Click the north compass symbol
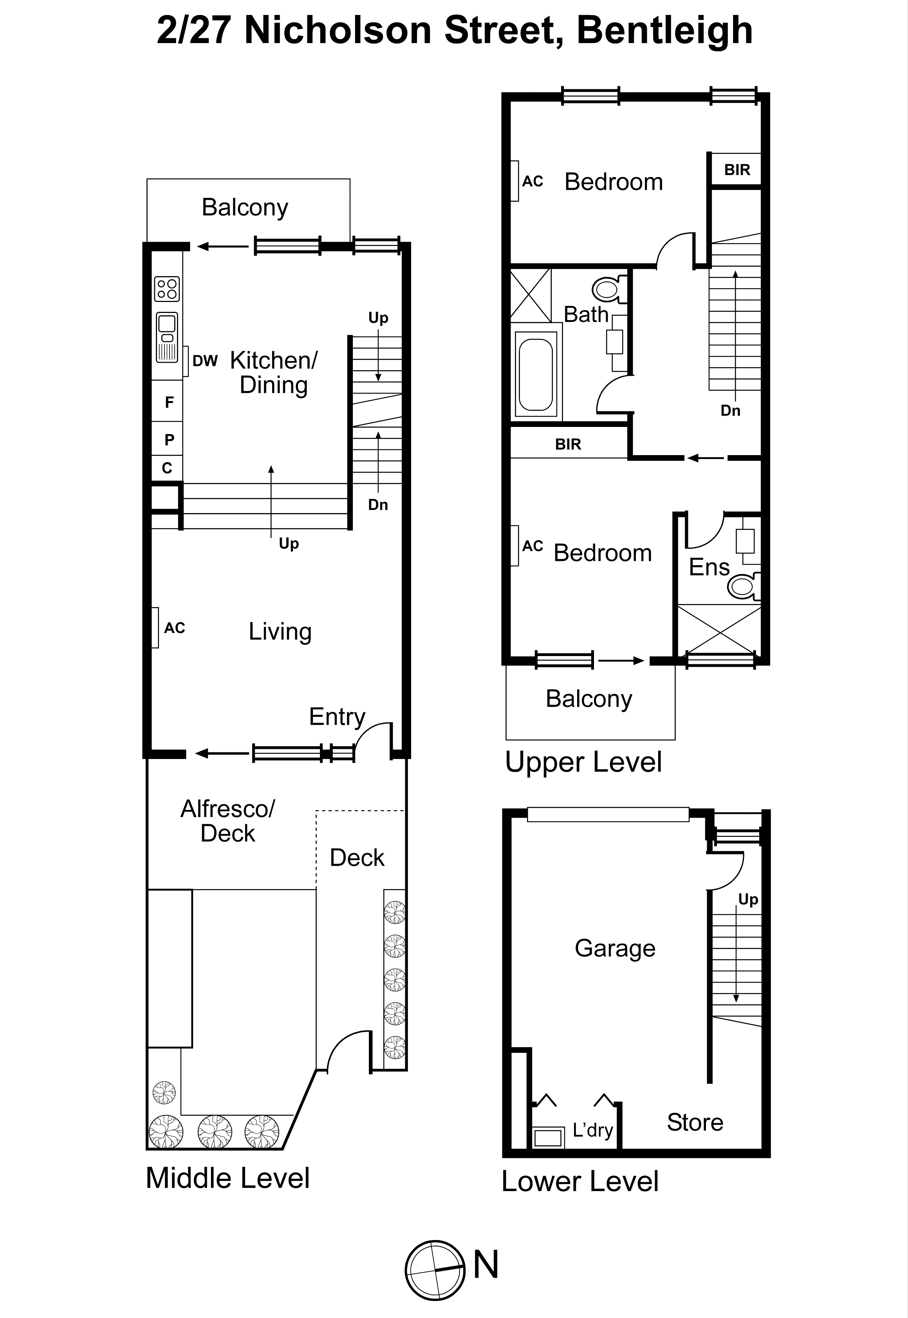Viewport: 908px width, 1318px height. pos(435,1270)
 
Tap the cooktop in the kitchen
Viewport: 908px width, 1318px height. pos(167,289)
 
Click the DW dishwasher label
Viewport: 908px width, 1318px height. pos(205,361)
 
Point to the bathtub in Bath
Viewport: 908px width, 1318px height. pos(536,375)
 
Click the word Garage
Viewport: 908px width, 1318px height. pos(614,948)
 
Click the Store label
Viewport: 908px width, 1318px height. pos(695,1122)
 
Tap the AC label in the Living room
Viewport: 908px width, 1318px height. pos(175,628)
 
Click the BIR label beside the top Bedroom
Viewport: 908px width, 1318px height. pos(737,170)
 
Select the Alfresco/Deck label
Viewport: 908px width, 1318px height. pos(227,821)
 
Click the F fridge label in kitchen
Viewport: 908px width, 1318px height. pos(169,402)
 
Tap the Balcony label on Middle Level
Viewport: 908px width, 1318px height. pos(245,207)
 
